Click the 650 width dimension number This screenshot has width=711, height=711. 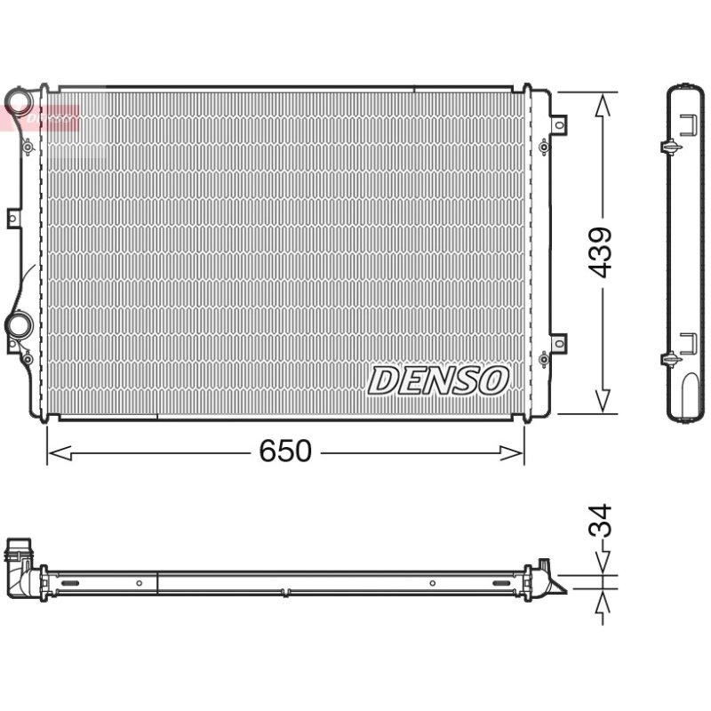click(x=285, y=451)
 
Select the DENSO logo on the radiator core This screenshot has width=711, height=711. click(x=437, y=380)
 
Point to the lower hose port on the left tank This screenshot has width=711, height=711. click(x=19, y=324)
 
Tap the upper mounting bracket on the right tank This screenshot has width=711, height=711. click(x=559, y=124)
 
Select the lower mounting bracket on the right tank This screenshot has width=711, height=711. click(x=559, y=343)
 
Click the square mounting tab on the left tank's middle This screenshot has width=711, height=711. click(x=13, y=219)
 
